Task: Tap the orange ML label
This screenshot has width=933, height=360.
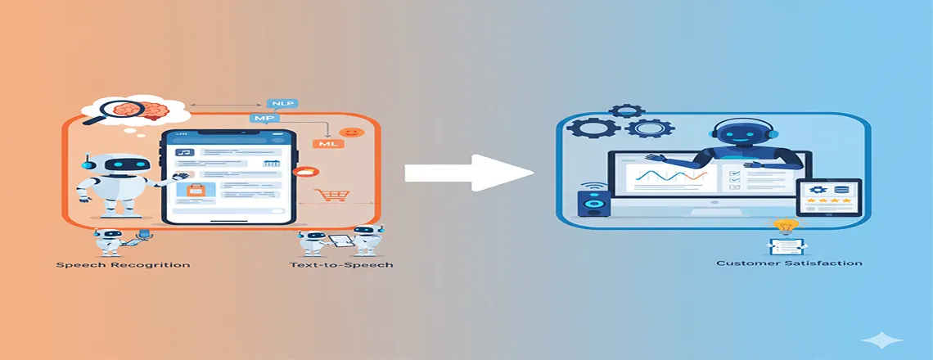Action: pos(328,144)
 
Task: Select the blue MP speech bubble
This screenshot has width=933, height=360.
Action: pos(259,119)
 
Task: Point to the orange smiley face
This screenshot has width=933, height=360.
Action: pos(353,132)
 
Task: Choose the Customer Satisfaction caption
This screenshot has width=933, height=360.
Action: pos(788,263)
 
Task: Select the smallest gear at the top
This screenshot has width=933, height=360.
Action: pos(627,110)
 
